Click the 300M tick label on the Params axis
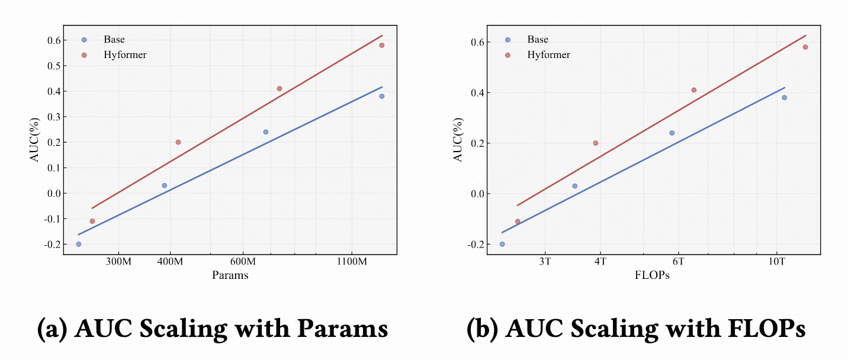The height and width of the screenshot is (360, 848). tap(118, 262)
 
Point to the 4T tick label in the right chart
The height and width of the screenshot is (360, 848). tap(600, 262)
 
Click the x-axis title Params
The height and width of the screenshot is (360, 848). tap(230, 275)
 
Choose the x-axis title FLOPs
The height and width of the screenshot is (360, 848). tap(652, 275)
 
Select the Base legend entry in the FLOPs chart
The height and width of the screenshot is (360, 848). tap(538, 40)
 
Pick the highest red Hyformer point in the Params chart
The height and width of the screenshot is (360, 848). tap(382, 45)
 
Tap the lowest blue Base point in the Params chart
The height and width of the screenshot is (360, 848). tap(78, 244)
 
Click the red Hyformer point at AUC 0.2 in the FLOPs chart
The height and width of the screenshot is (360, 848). tap(595, 143)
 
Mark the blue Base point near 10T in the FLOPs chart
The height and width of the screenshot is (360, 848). tap(784, 98)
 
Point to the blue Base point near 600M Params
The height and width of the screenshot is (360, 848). tap(266, 131)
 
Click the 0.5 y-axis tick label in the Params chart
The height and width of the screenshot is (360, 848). tap(53, 66)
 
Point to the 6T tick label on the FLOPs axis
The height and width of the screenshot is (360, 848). tap(678, 262)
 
